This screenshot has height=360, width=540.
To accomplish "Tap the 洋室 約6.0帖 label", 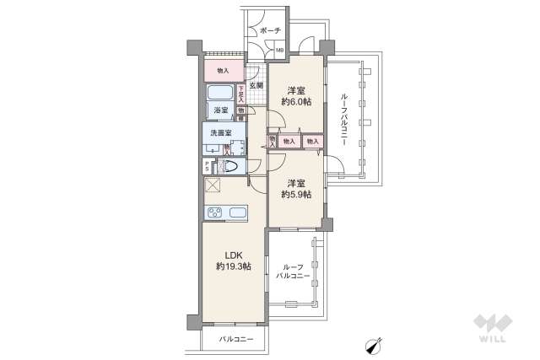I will pyautogui.click(x=295, y=95).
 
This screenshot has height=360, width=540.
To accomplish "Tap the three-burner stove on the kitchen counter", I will pyautogui.click(x=211, y=212).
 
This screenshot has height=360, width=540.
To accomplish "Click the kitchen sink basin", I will pyautogui.click(x=235, y=212).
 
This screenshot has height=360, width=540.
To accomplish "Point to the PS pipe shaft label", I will pyautogui.click(x=208, y=166).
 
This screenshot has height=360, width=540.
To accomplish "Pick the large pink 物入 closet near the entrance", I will pyautogui.click(x=223, y=71).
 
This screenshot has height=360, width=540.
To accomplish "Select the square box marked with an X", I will pyautogui.click(x=212, y=187).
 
